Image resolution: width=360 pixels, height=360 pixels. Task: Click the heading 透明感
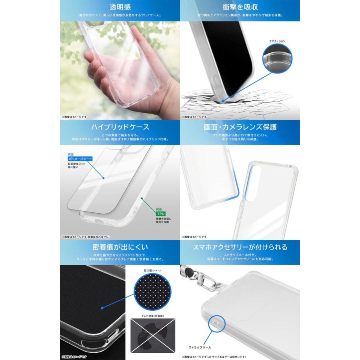click(x=120, y=7)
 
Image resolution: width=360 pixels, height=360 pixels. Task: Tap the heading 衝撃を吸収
click(x=240, y=7)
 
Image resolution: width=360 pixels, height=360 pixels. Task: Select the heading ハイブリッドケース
click(x=120, y=127)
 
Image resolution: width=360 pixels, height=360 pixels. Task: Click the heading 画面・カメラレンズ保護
click(x=240, y=127)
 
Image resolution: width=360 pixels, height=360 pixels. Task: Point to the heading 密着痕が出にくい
click(x=120, y=247)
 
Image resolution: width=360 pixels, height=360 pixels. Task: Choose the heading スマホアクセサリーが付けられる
click(x=240, y=247)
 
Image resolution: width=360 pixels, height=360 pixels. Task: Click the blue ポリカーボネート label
click(x=80, y=159)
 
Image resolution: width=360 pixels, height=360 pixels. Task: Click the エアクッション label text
click(x=277, y=41)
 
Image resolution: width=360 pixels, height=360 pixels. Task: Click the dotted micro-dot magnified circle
click(x=152, y=292)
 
